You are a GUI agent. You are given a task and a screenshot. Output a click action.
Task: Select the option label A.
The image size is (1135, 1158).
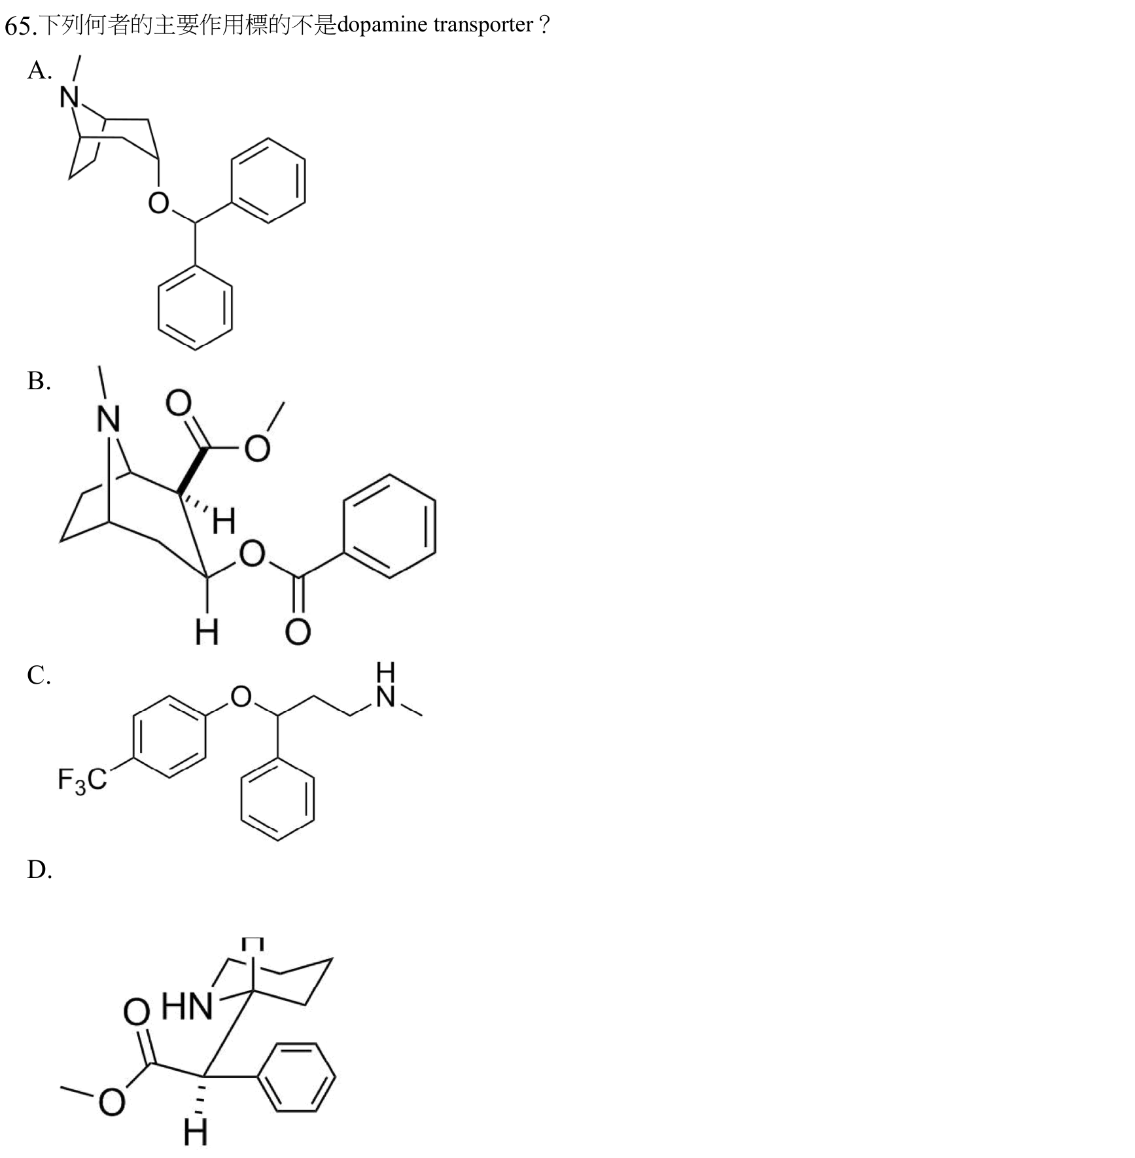pos(39,70)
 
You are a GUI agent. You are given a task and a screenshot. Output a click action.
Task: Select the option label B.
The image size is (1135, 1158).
pos(39,381)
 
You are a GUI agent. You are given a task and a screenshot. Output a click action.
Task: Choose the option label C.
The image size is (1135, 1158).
pos(39,675)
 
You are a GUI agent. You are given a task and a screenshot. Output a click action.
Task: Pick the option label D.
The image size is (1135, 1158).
pos(39,869)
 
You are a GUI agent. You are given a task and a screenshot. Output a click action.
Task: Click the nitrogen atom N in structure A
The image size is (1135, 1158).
pos(69,97)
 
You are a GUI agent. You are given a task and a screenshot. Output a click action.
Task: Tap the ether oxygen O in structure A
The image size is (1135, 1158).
pos(158,203)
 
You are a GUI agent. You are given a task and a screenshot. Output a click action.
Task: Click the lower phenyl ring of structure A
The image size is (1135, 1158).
pos(195,307)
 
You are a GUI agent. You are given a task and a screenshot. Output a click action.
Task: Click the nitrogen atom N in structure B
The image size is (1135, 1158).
pos(109,419)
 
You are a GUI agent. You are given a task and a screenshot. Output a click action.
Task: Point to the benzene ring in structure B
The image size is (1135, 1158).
pos(390,527)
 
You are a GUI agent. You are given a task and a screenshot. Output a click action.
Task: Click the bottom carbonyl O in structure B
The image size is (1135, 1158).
pos(298,631)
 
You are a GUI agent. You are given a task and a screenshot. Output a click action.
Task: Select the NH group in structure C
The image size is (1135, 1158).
pos(386,685)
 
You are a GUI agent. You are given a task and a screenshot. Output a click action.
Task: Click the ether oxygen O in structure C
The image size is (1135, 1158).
pos(241,697)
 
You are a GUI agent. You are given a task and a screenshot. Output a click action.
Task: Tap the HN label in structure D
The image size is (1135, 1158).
pos(187,1006)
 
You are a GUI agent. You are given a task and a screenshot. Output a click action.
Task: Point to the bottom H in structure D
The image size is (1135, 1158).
pos(196,1132)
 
